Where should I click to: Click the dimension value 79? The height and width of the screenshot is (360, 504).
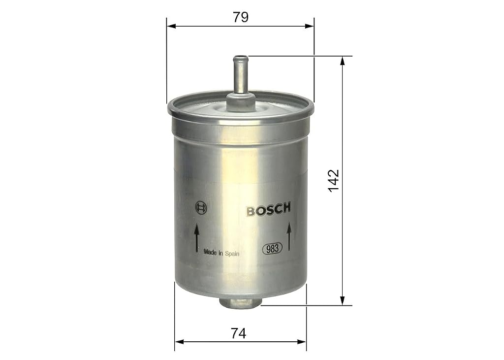(x=241, y=17)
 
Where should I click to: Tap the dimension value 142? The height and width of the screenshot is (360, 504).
(x=334, y=181)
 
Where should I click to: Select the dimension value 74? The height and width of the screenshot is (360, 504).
(x=239, y=333)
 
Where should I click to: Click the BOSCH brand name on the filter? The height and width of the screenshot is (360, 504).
(x=269, y=209)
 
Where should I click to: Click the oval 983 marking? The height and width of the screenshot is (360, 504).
(x=273, y=248)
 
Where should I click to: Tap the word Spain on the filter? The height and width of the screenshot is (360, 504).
(x=232, y=254)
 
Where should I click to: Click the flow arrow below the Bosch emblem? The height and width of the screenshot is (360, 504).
(x=196, y=239)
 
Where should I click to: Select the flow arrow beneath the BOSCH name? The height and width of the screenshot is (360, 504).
(x=289, y=236)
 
